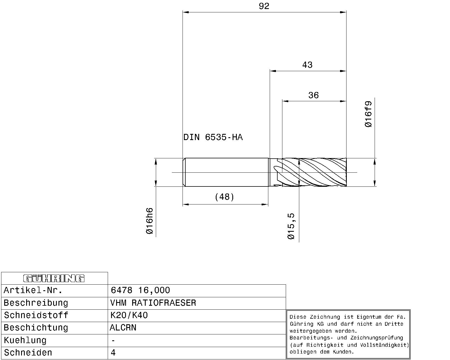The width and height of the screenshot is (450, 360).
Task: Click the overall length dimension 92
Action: point(264,6)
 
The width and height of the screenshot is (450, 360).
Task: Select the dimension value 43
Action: point(307,65)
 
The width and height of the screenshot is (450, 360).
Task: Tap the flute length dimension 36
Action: point(313,95)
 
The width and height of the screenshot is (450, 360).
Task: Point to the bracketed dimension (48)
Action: point(224,197)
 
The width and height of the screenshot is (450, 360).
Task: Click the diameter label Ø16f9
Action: point(368,114)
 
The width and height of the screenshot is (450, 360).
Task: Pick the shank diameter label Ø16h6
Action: point(150,221)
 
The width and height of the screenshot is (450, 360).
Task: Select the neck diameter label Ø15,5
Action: point(291,226)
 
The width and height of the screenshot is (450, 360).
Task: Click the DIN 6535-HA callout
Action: point(213,137)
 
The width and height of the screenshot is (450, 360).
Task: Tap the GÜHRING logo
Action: point(54,278)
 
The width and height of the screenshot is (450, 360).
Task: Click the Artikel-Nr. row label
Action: point(33,290)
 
